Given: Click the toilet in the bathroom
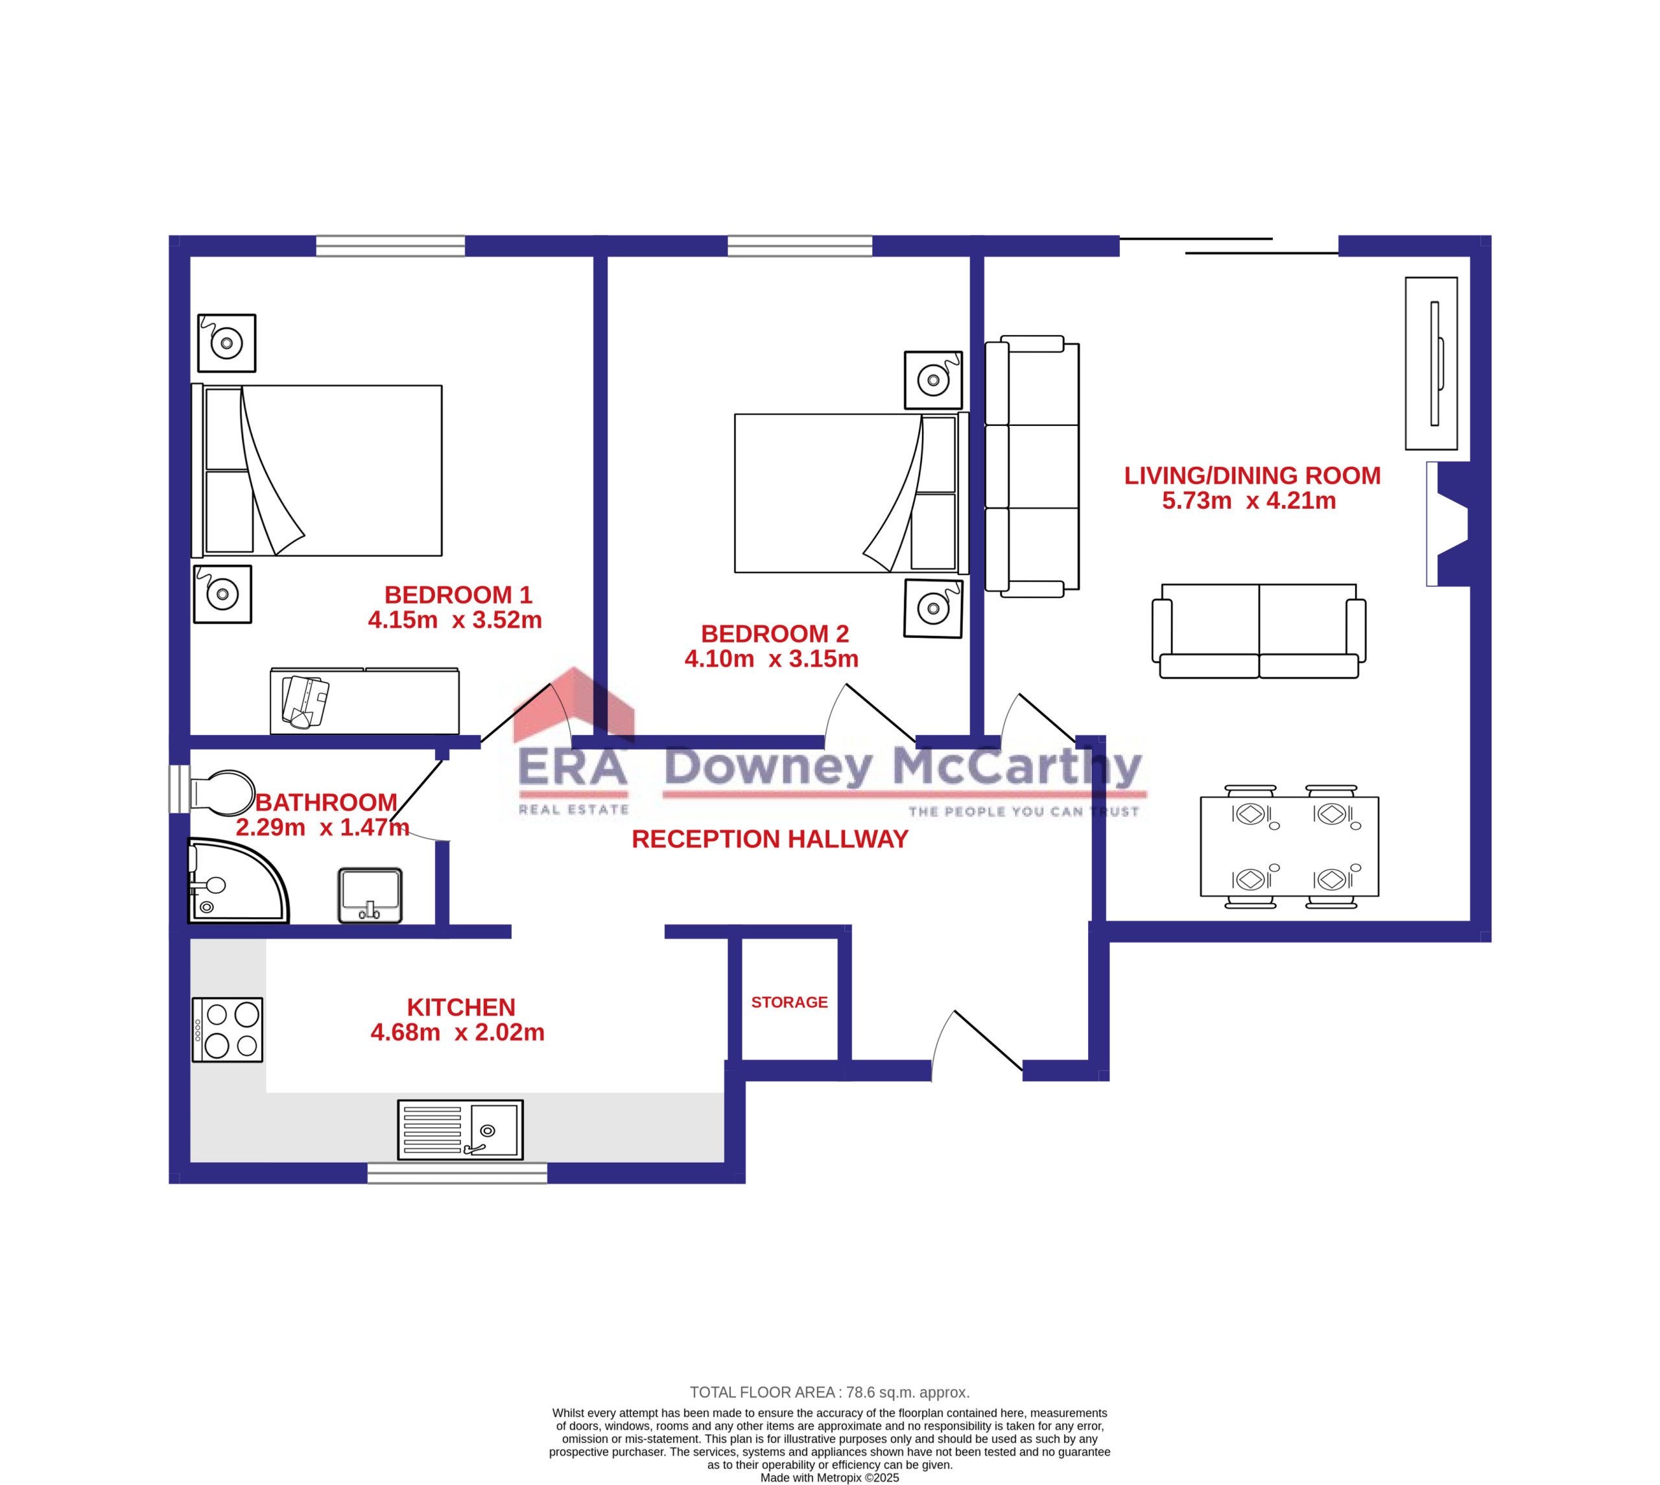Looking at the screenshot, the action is click(221, 792).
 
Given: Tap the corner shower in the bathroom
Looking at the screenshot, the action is click(237, 880).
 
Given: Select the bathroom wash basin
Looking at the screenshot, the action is click(370, 895).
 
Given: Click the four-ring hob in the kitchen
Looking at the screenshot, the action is click(228, 1030).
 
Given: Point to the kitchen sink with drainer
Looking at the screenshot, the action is click(460, 1130).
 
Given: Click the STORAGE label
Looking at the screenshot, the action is click(789, 1002).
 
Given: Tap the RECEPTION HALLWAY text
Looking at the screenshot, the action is click(770, 839).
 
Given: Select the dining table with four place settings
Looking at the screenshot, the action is click(1290, 846).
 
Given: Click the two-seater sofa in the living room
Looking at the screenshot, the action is click(1259, 631).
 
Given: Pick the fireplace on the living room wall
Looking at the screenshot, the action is click(1448, 524).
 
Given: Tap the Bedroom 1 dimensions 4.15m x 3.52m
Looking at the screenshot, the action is click(455, 620).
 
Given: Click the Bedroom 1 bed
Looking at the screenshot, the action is click(316, 471).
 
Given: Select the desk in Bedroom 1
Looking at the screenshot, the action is click(365, 701).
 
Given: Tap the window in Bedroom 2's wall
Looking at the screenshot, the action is click(800, 245).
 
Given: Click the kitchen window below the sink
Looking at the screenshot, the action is click(457, 1173).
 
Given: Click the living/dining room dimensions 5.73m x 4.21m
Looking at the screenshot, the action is click(1249, 500).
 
